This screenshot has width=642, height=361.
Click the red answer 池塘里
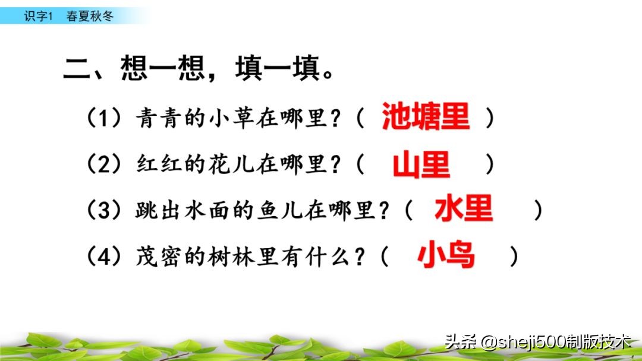[425, 117]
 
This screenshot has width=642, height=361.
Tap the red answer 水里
[464, 210]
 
